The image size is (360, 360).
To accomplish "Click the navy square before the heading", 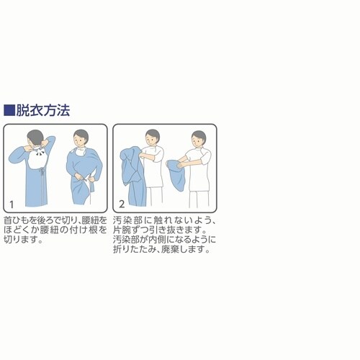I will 9,111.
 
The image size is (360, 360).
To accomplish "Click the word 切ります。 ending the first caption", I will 23,240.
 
